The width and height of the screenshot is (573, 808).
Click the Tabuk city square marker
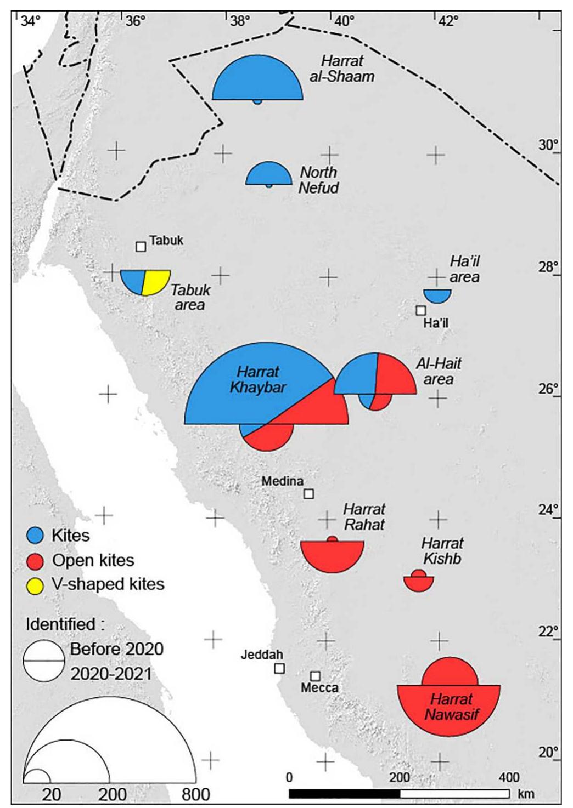click(141, 247)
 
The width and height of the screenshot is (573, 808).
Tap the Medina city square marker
click(309, 494)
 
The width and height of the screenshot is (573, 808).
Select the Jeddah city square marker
click(279, 668)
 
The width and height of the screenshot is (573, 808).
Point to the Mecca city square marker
click(315, 676)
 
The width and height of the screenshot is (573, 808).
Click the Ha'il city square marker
click(421, 310)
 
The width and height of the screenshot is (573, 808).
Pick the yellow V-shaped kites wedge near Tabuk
click(155, 281)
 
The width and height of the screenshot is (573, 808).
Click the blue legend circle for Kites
click(35, 536)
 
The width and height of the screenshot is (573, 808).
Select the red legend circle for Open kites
click(35, 561)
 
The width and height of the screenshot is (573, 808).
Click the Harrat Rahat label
click(364, 517)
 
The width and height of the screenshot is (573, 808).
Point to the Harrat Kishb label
click(442, 551)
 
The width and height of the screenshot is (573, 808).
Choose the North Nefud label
click(318, 180)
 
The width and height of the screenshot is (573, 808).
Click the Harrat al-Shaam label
click(342, 69)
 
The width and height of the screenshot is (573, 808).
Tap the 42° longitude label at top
click(448, 21)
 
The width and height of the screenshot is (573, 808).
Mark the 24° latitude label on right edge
click(548, 509)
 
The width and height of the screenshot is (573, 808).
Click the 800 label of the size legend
click(196, 794)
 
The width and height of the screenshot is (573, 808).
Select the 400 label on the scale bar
click(509, 777)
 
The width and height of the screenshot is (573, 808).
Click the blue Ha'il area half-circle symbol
click(437, 295)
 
